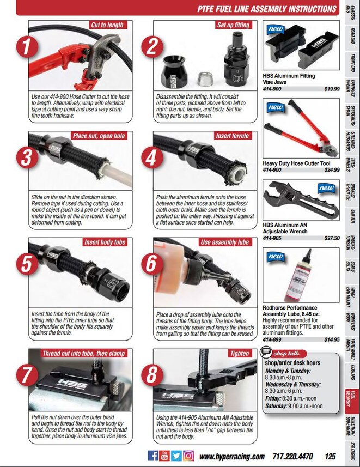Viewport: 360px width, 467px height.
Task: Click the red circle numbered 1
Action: click(x=27, y=47)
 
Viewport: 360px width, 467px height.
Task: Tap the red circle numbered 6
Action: click(x=152, y=263)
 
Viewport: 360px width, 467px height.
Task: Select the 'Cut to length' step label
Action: click(x=108, y=25)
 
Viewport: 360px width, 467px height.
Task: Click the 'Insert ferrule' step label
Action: click(x=232, y=136)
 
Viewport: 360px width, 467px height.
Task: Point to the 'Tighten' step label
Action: click(x=240, y=353)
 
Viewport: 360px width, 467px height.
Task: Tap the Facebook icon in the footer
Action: click(x=152, y=456)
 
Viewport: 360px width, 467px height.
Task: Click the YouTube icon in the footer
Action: click(x=164, y=456)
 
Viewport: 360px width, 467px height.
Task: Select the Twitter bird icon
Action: click(x=176, y=456)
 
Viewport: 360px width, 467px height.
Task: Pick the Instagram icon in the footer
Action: click(x=188, y=456)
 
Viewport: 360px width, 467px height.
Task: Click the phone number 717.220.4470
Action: click(x=292, y=456)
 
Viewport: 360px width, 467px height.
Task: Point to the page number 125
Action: click(x=330, y=456)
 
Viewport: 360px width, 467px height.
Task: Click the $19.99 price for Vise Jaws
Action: click(x=332, y=89)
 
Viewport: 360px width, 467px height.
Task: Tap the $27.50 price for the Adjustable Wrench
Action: click(x=332, y=238)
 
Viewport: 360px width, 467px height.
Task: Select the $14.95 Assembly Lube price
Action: click(x=332, y=339)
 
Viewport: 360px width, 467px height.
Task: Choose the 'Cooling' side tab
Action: click(x=351, y=372)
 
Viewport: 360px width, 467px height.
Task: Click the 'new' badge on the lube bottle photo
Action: click(x=276, y=256)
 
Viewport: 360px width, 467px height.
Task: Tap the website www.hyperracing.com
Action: click(x=232, y=457)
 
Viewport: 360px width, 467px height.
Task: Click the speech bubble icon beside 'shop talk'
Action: click(x=265, y=352)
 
